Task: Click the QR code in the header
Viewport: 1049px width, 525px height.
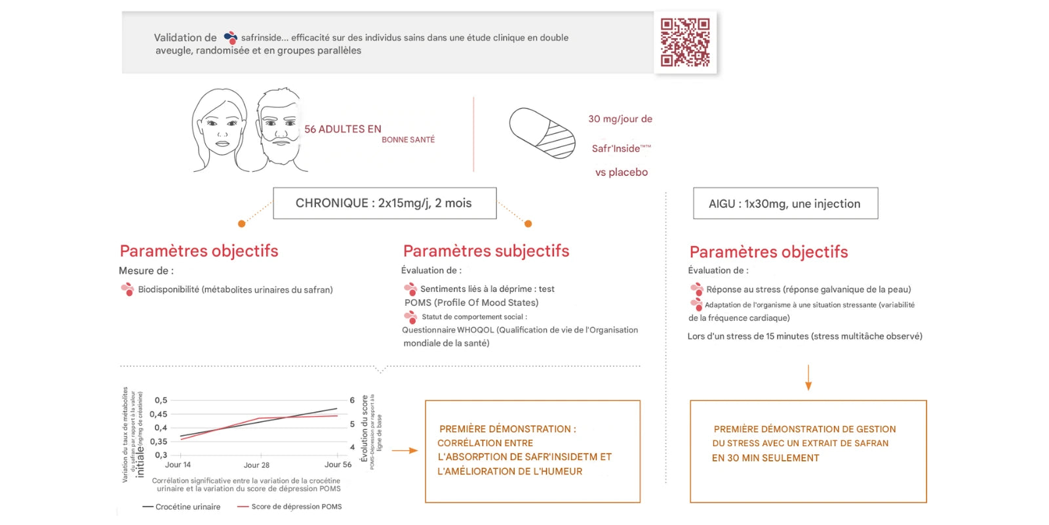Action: [685, 43]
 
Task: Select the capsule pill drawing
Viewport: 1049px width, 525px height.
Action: [542, 133]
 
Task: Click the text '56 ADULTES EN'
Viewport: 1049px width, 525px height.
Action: [342, 129]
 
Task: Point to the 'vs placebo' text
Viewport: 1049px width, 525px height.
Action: [621, 172]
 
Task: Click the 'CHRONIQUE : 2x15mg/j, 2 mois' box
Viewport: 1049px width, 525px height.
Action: [384, 203]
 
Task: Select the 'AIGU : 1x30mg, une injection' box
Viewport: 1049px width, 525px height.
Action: [785, 203]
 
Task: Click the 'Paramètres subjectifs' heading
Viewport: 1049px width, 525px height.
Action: [486, 251]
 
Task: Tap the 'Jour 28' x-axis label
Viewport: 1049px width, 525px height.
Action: [256, 465]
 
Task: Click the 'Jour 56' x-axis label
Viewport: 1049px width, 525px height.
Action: [338, 465]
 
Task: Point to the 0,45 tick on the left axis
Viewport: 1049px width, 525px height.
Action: [159, 414]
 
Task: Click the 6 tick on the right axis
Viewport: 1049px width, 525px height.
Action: [352, 400]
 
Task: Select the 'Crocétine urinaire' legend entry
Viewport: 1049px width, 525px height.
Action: [188, 507]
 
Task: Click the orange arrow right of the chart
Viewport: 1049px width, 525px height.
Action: [405, 451]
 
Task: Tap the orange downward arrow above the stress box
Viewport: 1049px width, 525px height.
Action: [808, 378]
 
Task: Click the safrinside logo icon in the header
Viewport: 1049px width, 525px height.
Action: [230, 38]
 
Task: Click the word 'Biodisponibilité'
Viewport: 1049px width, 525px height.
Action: [168, 289]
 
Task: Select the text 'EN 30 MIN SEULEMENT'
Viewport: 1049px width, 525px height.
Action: [765, 458]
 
